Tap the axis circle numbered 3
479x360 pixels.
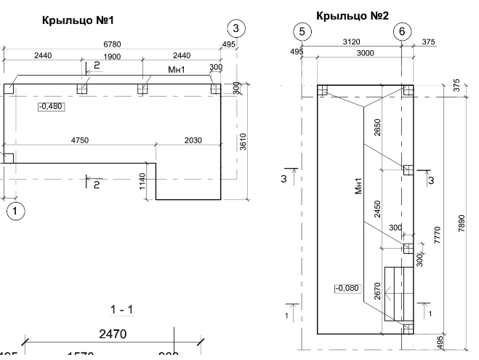click(236, 28)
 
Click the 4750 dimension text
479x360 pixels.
click(81, 140)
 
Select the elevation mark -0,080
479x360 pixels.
click(346, 288)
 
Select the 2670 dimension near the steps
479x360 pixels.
click(377, 292)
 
